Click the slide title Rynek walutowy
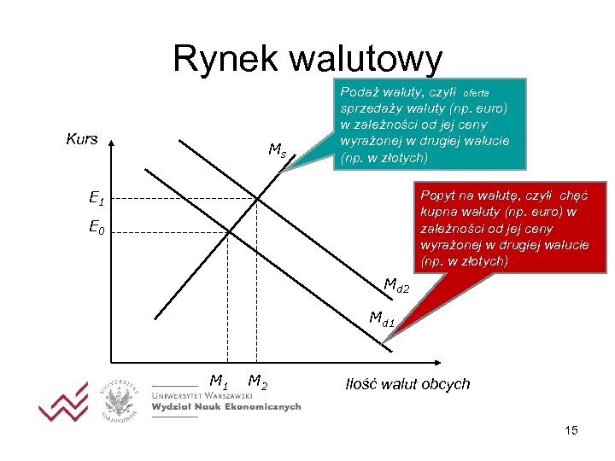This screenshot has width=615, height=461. pyautogui.click(x=307, y=59)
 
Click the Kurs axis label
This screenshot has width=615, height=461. pyautogui.click(x=82, y=139)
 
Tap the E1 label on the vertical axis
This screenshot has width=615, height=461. pyautogui.click(x=97, y=199)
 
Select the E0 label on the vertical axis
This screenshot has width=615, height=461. pyautogui.click(x=97, y=229)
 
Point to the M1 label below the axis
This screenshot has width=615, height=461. pyautogui.click(x=220, y=381)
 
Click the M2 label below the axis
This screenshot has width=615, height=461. pyautogui.click(x=258, y=381)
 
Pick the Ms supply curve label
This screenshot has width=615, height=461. pyautogui.click(x=277, y=151)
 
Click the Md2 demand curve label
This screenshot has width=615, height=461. pyautogui.click(x=396, y=285)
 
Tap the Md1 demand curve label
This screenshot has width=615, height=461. pyautogui.click(x=382, y=318)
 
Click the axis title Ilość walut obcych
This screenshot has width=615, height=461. pyautogui.click(x=407, y=383)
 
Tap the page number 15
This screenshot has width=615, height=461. pyautogui.click(x=571, y=430)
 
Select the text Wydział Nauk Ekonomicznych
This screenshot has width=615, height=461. pyautogui.click(x=225, y=408)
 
